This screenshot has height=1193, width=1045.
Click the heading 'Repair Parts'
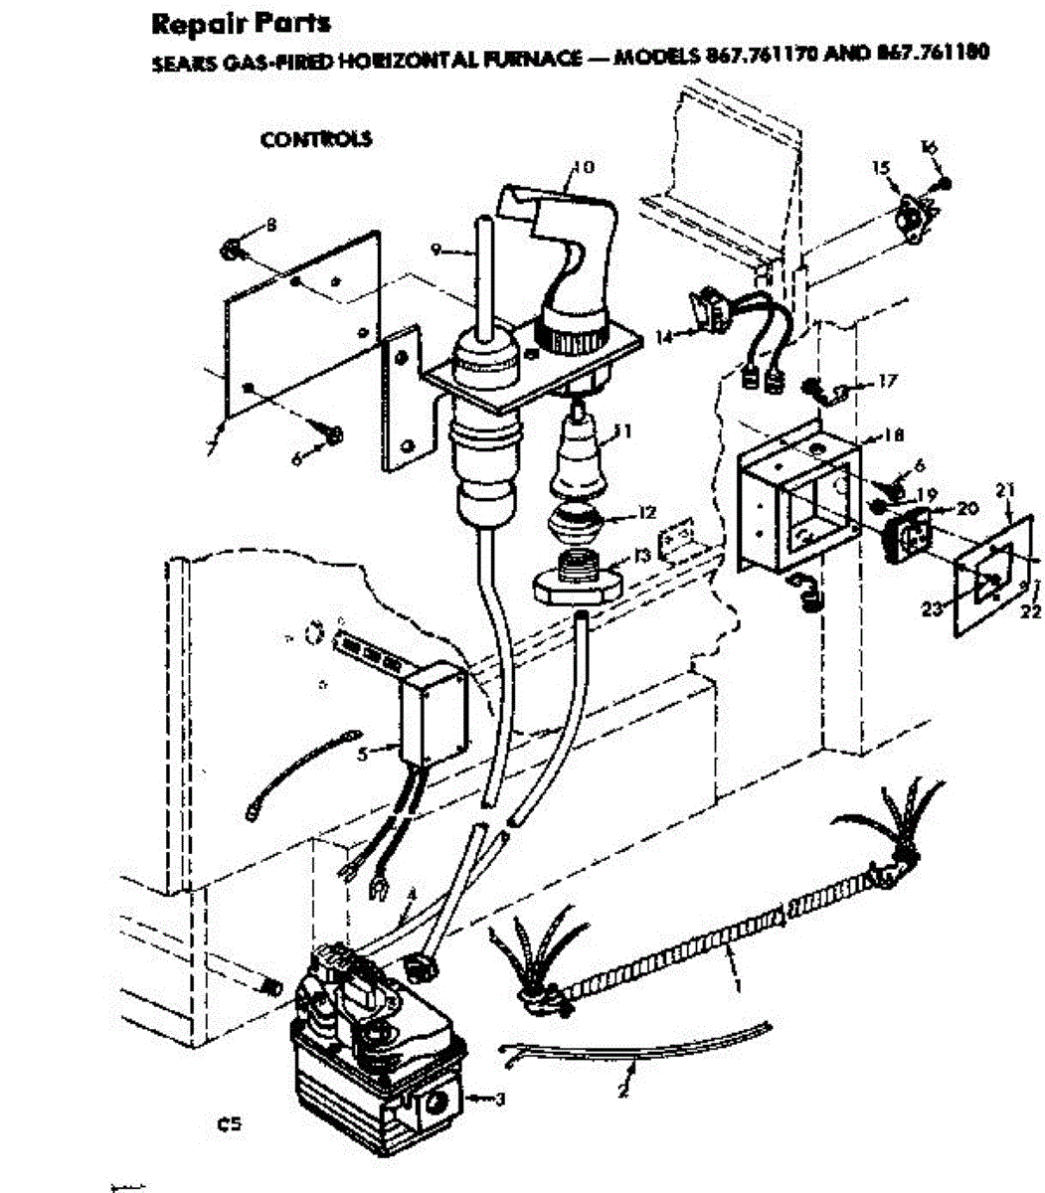pos(242,22)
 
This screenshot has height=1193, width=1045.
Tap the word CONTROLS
pos(316,139)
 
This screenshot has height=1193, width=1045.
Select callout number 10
pos(584,167)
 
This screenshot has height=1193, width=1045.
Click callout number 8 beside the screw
pos(270,225)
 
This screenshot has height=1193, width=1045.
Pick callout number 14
pos(663,337)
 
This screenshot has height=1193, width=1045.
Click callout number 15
pos(881,168)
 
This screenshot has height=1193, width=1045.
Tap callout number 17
pos(887,381)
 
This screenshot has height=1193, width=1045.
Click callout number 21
pos(1004,489)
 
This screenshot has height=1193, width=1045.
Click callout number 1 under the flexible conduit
pos(738,984)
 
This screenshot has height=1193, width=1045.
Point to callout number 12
pos(647,513)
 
